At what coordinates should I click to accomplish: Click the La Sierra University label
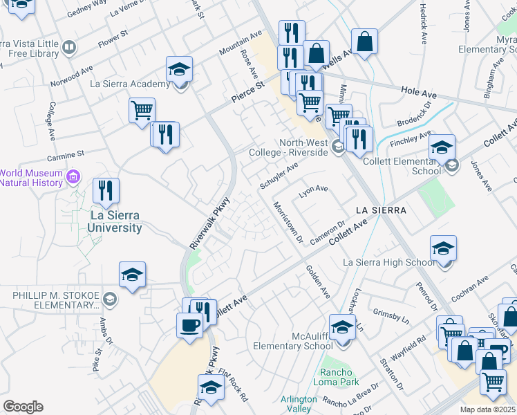pos(116,221)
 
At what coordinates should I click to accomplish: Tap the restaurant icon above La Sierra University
pos(106,191)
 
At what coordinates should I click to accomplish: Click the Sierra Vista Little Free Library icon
pos(68,47)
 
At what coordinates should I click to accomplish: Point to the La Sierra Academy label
pos(131,84)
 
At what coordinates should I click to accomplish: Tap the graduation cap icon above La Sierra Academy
pos(179,69)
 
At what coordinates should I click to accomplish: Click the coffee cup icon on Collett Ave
pos(189,324)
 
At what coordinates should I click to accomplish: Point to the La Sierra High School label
pos(389,262)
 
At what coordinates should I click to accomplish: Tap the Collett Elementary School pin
pos(451,165)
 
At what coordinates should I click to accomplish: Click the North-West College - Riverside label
pos(303,147)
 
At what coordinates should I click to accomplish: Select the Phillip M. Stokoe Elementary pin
pos(111,300)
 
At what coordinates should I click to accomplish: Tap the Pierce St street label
pos(248,95)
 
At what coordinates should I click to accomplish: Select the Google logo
pos(23,407)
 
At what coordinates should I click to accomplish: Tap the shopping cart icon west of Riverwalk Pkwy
pos(142,110)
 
